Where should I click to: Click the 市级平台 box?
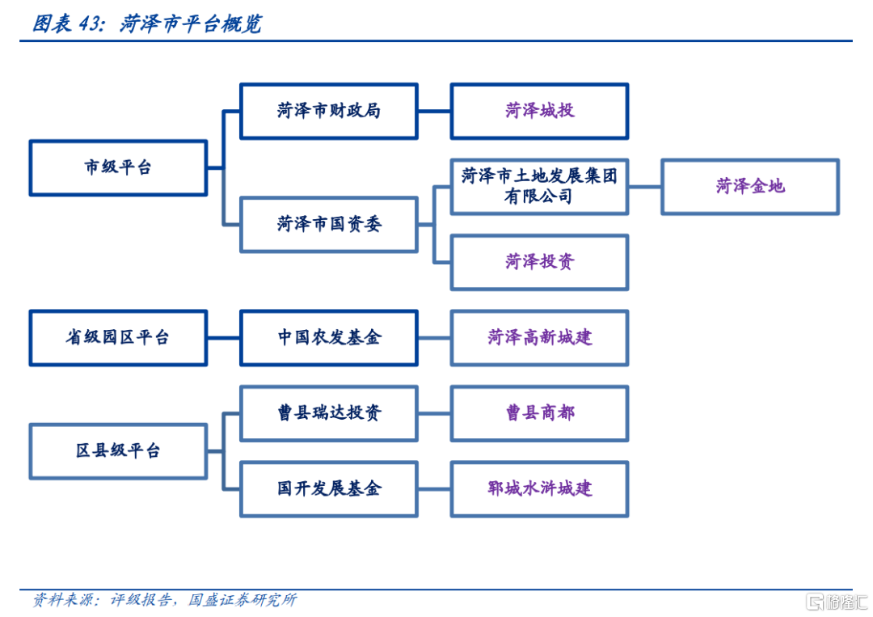coord(118,167)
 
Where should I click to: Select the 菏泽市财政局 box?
coord(328,111)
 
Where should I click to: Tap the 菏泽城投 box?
coord(539,111)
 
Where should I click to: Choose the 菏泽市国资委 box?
coord(328,225)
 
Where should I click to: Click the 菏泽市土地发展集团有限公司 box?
coord(539,187)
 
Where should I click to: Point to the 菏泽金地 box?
coord(750,187)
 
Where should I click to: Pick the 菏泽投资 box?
coord(539,262)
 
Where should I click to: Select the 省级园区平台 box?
coord(118,338)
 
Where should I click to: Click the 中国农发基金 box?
coord(328,338)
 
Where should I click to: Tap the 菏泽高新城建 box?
coord(539,338)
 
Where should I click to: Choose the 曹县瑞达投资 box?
coord(328,413)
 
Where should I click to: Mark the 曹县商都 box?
coord(539,413)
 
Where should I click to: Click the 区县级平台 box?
coord(118,451)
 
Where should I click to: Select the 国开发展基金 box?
coord(328,489)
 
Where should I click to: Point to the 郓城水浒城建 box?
coord(539,489)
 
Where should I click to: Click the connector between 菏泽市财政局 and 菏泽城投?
coord(434,111)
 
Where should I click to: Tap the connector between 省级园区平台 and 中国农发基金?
coord(224,338)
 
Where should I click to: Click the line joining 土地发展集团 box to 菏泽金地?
coord(645,187)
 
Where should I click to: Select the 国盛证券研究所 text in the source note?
coord(242,600)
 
